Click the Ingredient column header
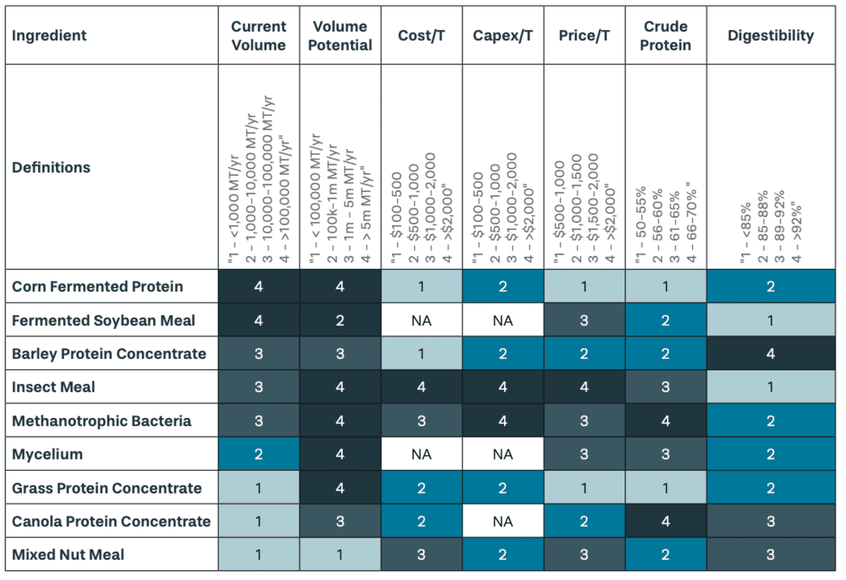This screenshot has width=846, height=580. pos(49,35)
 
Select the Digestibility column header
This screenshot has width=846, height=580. pos(771,35)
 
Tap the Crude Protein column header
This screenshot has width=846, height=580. pos(665,35)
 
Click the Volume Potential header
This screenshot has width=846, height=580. pos(340,35)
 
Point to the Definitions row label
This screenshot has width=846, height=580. pos(51,167)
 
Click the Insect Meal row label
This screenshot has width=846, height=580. pos(53,387)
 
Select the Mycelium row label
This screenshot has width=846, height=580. pos(47,454)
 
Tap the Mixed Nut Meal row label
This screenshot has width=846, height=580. pos(68,555)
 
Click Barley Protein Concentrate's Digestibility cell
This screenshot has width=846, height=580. pos(771,354)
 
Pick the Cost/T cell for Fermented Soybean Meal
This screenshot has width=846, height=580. pos(421,320)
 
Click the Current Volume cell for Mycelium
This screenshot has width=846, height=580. pos(258,454)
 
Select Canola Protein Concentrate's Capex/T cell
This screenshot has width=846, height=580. pos(502,521)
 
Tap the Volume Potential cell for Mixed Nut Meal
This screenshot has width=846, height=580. pos(340,555)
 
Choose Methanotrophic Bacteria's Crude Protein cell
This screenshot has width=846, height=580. pos(665,421)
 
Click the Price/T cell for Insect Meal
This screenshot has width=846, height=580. pos(584,387)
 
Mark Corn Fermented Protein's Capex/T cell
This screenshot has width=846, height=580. pos(502,286)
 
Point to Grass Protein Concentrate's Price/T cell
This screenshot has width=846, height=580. pos(584,488)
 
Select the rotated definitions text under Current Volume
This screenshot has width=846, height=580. pos(258,179)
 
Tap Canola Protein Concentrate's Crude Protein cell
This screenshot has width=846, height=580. pos(665,521)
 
